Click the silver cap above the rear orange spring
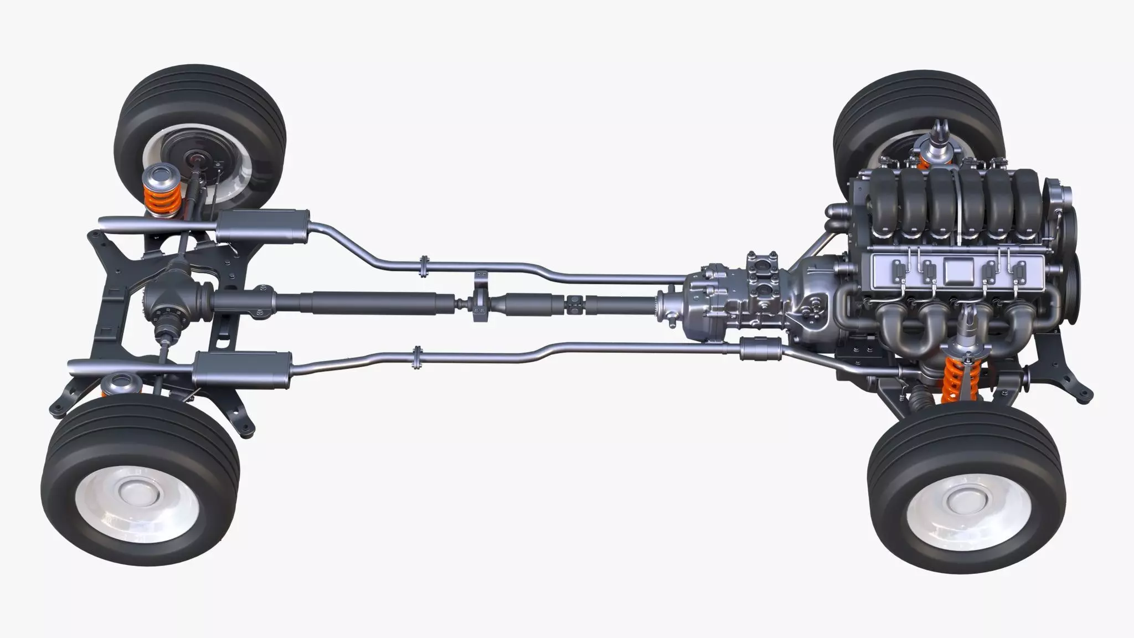tap(157, 177)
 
